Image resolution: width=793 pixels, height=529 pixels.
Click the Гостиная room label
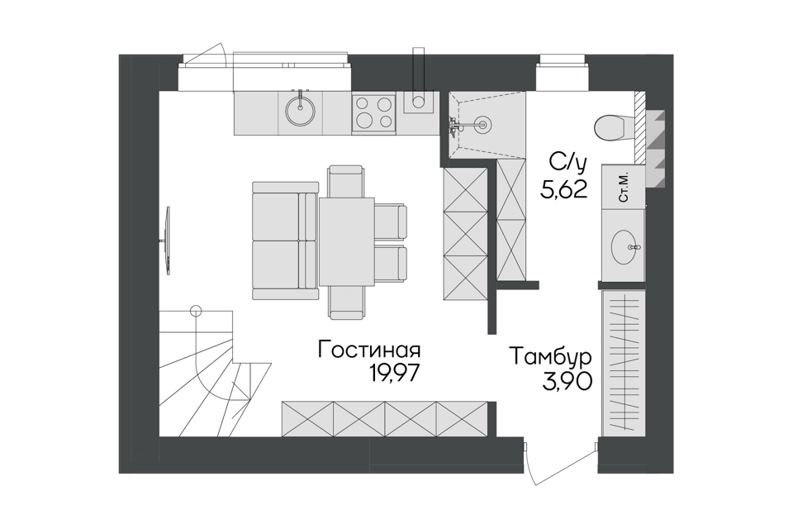pyautogui.click(x=370, y=350)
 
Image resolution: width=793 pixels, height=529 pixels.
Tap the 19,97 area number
pyautogui.click(x=395, y=374)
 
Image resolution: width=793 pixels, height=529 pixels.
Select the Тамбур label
pyautogui.click(x=551, y=357)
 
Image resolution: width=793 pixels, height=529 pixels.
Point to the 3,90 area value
pyautogui.click(x=567, y=381)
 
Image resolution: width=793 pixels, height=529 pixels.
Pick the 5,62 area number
pyautogui.click(x=563, y=190)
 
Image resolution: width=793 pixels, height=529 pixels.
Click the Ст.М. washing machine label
pyautogui.click(x=623, y=188)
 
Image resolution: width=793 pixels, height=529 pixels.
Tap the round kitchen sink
pyautogui.click(x=301, y=111)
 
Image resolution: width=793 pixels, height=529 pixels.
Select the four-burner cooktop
pyautogui.click(x=373, y=114)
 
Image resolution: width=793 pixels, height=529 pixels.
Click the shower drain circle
pyautogui.click(x=482, y=122)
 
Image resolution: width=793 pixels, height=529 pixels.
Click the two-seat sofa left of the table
pyautogui.click(x=285, y=242)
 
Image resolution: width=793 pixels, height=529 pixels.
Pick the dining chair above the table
pyautogui.click(x=346, y=181)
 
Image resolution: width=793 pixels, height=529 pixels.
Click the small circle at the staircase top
pyautogui.click(x=196, y=311)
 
